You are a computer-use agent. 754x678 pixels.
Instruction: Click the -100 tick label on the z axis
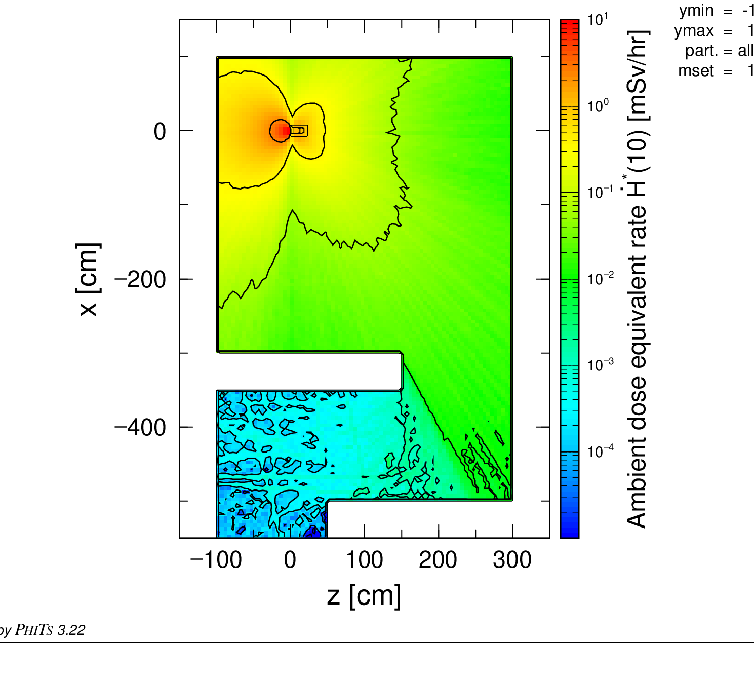(x=216, y=560)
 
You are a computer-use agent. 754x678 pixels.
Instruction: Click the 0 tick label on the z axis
(x=290, y=560)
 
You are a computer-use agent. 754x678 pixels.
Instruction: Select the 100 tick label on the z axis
(x=365, y=560)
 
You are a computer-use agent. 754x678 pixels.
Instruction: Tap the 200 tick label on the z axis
(x=438, y=560)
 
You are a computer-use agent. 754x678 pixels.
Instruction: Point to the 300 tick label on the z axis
(x=512, y=560)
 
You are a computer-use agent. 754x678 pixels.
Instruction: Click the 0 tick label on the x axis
(x=160, y=132)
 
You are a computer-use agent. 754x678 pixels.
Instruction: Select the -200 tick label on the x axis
(x=140, y=280)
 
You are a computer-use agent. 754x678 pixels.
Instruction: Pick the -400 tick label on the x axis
(x=140, y=428)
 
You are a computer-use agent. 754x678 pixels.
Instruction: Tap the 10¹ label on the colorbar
(x=598, y=19)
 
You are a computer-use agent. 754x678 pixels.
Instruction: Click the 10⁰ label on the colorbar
(x=598, y=106)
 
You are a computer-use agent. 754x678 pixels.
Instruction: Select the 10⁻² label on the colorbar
(x=601, y=278)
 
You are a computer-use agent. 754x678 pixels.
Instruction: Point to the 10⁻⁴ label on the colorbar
(x=601, y=451)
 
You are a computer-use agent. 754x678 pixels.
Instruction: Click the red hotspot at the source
(x=286, y=131)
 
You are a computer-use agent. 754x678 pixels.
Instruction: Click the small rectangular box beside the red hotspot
(x=298, y=130)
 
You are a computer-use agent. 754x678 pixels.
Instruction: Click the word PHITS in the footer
(x=34, y=630)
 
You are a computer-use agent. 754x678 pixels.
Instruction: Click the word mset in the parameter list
(x=696, y=71)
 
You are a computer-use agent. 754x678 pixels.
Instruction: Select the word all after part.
(x=746, y=50)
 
